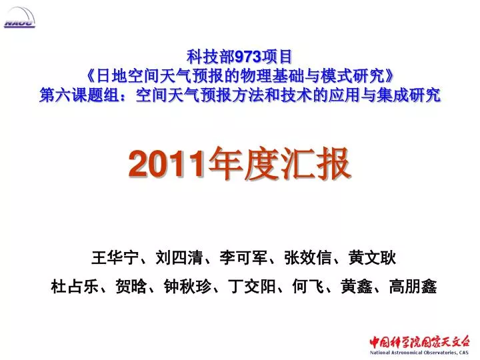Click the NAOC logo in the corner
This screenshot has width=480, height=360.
click(x=19, y=18)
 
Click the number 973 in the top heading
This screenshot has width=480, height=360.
click(x=247, y=57)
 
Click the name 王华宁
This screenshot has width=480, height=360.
click(x=115, y=257)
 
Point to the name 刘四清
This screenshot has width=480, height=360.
click(x=179, y=257)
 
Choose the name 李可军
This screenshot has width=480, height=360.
click(x=243, y=257)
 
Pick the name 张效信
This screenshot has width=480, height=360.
click(x=307, y=257)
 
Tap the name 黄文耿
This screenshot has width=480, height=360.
click(x=372, y=257)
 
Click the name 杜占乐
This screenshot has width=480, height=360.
click(x=75, y=287)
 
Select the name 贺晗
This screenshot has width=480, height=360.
click(x=131, y=287)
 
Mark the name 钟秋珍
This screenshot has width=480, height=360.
click(x=187, y=287)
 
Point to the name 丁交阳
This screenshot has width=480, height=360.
click(x=251, y=287)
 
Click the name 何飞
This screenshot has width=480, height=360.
click(x=308, y=287)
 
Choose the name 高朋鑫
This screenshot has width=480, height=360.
click(x=413, y=287)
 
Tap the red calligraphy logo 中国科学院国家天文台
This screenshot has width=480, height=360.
click(x=419, y=341)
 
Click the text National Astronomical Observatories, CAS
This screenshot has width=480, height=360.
click(x=419, y=353)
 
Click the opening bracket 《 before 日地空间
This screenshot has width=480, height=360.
click(x=90, y=76)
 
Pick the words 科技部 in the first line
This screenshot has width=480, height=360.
click(x=211, y=57)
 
